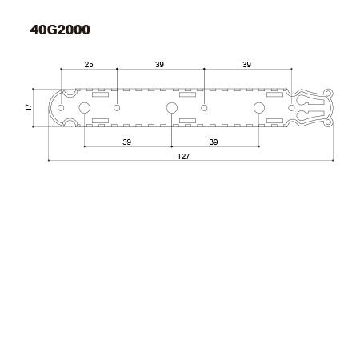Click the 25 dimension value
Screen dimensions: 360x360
(89, 64)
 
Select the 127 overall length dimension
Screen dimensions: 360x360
(184, 156)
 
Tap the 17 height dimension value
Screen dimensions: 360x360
(28, 107)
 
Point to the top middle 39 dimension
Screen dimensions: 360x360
(160, 64)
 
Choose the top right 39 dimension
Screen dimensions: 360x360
(246, 64)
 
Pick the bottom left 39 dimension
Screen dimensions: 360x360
(127, 142)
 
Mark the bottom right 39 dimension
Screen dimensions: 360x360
(214, 142)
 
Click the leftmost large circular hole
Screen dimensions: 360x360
(84, 107)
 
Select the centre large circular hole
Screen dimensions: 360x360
(171, 107)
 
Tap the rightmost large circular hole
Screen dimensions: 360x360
(258, 107)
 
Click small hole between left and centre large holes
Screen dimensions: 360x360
(117, 107)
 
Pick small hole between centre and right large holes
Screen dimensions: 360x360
(204, 107)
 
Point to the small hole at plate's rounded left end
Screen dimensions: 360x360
(60, 107)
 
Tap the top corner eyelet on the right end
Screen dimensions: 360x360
(328, 93)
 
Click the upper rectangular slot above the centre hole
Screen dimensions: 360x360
(187, 95)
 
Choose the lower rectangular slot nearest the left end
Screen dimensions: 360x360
(100, 120)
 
